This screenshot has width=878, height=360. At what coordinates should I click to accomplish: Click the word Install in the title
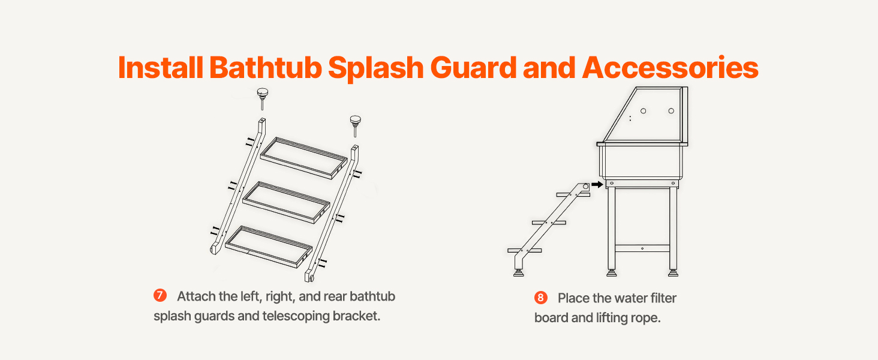[x=160, y=67]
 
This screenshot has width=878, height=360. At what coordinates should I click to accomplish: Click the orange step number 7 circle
[x=160, y=295]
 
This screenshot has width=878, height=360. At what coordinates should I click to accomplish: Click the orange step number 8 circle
[x=540, y=298]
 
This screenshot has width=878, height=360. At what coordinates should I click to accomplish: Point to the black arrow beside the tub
[x=597, y=184]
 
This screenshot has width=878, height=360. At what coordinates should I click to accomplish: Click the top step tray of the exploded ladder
[x=304, y=158]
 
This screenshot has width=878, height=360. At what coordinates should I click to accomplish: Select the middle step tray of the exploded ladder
[x=286, y=202]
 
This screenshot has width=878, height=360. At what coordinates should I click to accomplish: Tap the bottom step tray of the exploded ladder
[x=269, y=247]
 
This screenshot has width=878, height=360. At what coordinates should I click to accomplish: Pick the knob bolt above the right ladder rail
[x=355, y=125]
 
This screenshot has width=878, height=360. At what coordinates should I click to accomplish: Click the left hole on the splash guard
[x=644, y=111]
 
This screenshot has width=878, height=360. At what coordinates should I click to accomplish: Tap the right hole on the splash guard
[x=671, y=111]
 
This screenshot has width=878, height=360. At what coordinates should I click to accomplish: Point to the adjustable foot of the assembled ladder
[x=519, y=272]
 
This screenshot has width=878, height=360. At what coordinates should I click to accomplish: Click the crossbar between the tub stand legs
[x=642, y=248]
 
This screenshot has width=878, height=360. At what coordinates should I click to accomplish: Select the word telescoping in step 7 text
[x=296, y=316]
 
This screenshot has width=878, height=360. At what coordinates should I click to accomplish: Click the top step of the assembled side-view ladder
[x=573, y=194]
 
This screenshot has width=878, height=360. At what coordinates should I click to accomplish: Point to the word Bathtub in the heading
[x=265, y=67]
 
